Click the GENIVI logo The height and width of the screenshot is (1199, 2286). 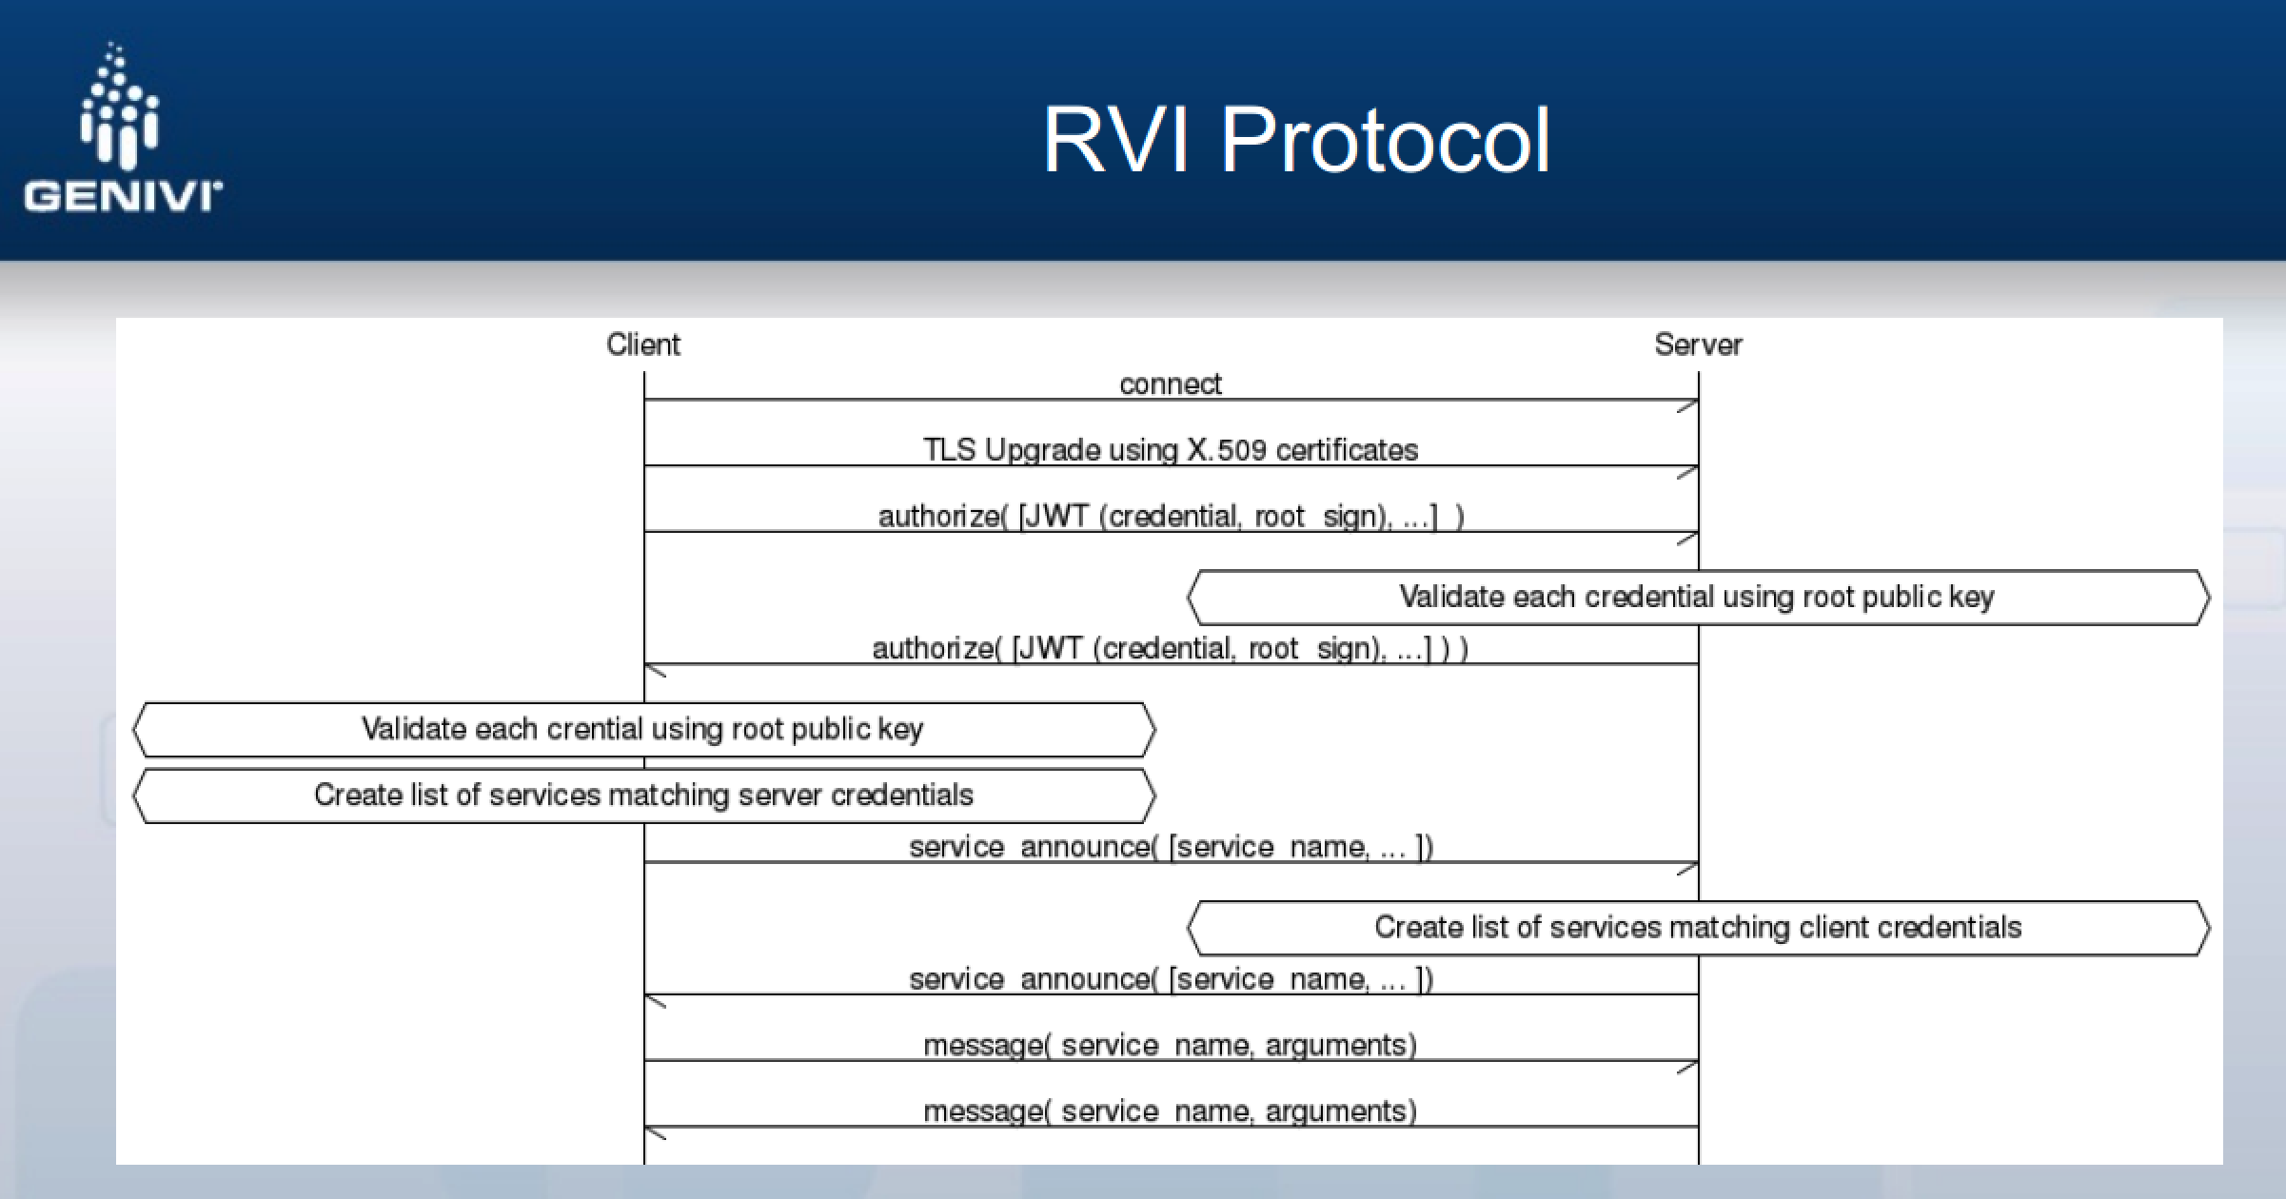click(x=122, y=129)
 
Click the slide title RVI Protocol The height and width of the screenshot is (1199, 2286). click(x=1296, y=141)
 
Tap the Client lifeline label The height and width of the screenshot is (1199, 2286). click(x=643, y=344)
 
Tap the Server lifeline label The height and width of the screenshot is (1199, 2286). click(x=1698, y=344)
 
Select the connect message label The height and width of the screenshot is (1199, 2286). click(x=1170, y=384)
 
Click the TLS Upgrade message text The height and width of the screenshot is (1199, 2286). click(x=1170, y=450)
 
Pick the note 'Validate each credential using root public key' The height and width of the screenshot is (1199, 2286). click(x=1697, y=598)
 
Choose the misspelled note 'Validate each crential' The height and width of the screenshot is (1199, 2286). click(x=643, y=730)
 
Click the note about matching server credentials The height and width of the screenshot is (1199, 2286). click(x=643, y=796)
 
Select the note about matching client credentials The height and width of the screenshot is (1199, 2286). click(x=1697, y=928)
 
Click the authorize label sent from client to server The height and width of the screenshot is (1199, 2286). click(x=1170, y=517)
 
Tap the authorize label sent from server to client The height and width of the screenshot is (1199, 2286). click(x=1170, y=649)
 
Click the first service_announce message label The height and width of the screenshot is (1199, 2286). click(x=1170, y=847)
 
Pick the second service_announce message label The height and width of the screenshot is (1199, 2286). click(x=1170, y=979)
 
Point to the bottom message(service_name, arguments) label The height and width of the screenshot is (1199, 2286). click(x=1170, y=1111)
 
